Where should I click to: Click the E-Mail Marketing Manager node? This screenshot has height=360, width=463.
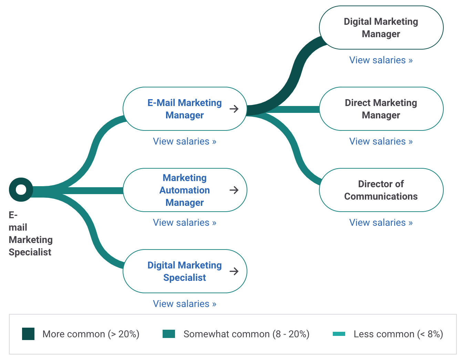[184, 109]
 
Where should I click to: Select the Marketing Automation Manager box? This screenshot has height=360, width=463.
[184, 190]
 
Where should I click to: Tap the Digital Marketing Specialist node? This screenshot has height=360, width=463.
[184, 271]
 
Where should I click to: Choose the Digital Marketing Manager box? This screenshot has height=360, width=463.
[381, 28]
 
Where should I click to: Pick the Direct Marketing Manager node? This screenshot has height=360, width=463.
[381, 109]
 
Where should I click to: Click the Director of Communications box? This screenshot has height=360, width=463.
[381, 190]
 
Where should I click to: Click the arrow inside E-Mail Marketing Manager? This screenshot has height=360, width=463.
[234, 109]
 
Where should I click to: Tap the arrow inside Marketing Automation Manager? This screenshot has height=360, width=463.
[234, 190]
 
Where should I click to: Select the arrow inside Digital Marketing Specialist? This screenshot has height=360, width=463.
[234, 271]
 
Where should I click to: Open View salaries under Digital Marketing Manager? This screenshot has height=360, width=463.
[381, 60]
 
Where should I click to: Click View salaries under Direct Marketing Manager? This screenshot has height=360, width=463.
[381, 141]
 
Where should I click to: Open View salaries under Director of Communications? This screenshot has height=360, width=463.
[381, 223]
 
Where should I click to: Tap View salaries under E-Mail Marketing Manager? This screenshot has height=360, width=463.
[185, 141]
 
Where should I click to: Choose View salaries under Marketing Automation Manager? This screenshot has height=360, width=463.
[185, 223]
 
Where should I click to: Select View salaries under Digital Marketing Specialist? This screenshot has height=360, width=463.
[185, 304]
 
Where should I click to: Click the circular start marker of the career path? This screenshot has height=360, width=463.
[21, 190]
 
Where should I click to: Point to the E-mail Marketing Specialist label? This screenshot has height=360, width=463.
[30, 233]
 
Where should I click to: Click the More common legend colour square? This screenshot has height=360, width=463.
[28, 334]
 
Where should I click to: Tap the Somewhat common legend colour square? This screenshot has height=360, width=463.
[169, 334]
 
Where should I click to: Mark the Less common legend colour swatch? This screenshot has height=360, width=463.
[339, 334]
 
